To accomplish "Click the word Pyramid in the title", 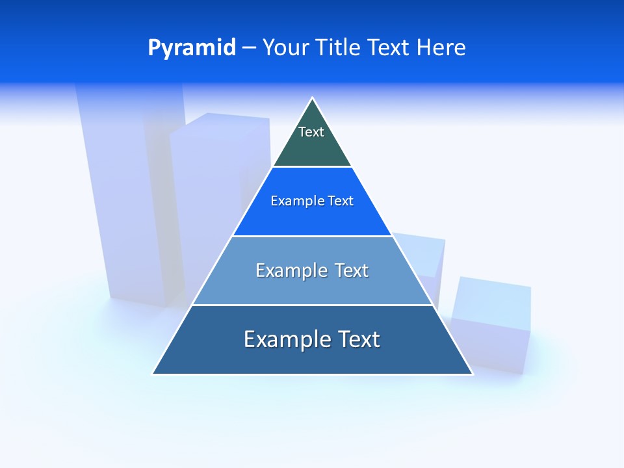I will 191,48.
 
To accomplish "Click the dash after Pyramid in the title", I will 249,48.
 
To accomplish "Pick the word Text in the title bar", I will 388,47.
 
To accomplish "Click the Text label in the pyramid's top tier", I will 311,132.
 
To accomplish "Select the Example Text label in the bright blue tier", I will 312,201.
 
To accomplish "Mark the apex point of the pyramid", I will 313,98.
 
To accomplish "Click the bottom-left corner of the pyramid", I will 153,374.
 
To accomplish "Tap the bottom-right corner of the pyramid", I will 473,374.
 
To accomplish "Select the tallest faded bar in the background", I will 123,195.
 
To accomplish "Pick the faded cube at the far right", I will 492,322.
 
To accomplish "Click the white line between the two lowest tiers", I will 312,305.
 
